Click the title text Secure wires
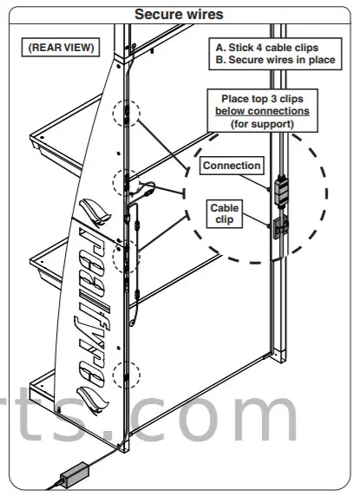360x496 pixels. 179,13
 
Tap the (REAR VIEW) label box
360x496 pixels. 58,46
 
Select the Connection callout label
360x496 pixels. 232,165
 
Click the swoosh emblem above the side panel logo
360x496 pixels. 95,211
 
